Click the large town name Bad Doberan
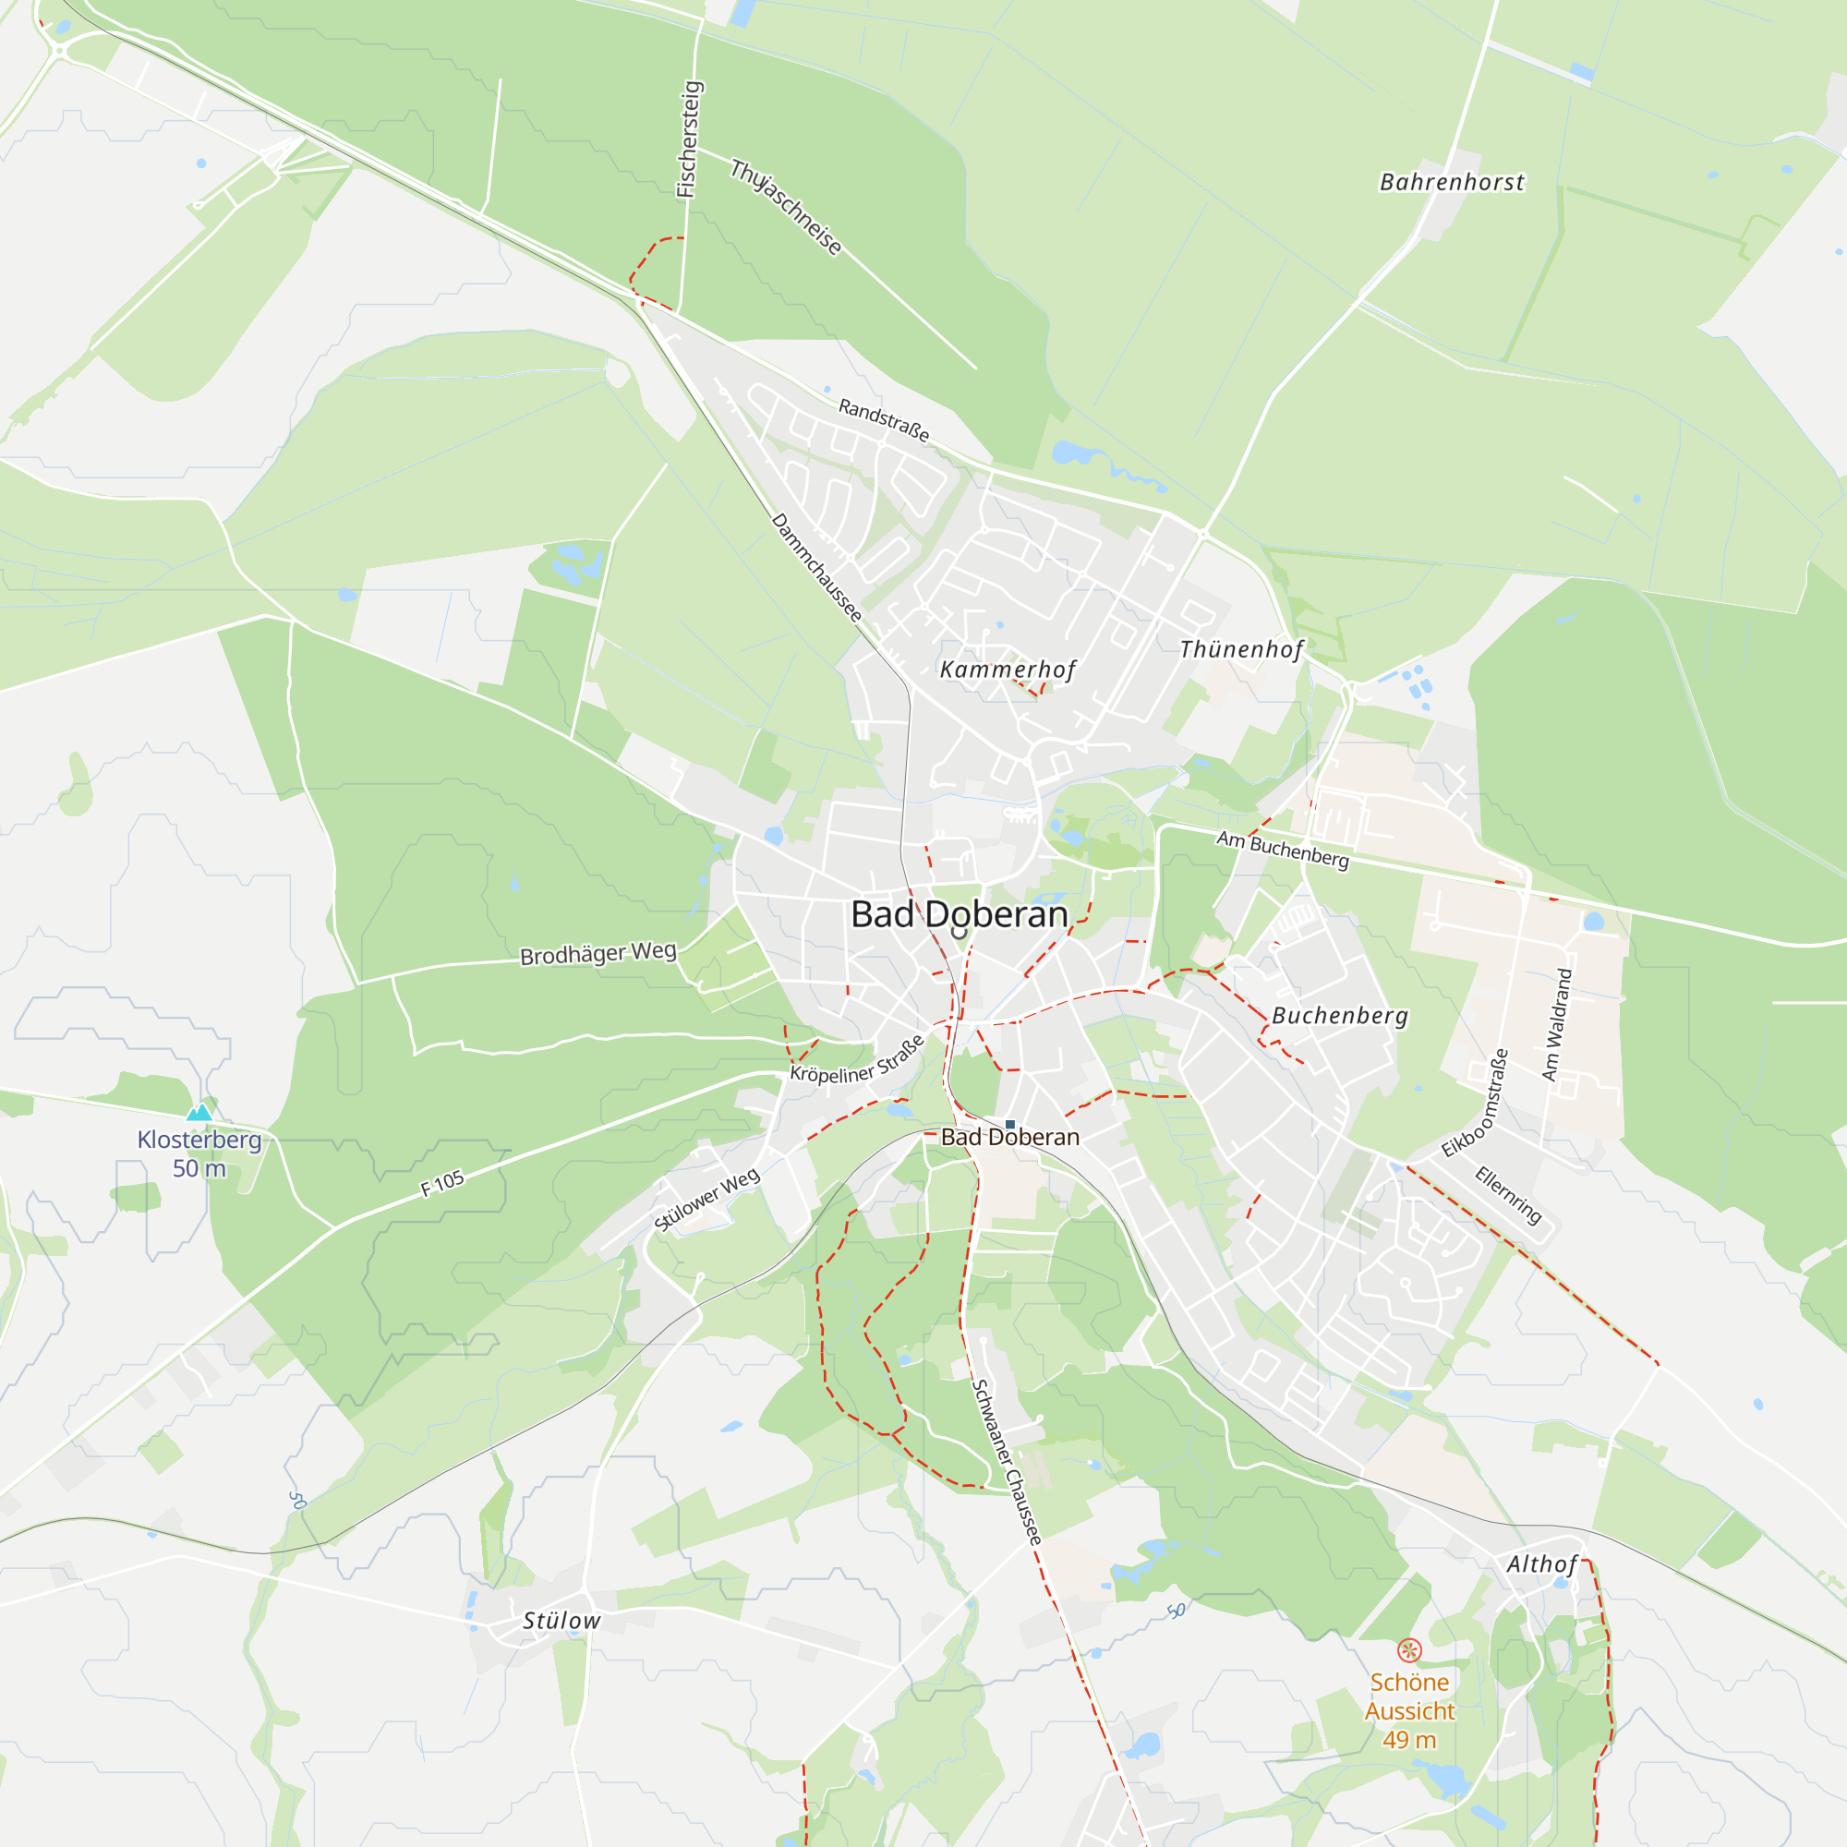click(x=959, y=915)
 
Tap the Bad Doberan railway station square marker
click(x=1009, y=1124)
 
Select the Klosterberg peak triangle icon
click(x=199, y=1112)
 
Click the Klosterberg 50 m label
click(x=199, y=1153)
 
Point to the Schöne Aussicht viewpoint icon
click(x=1409, y=1650)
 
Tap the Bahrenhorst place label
click(x=1451, y=182)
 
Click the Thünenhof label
click(x=1241, y=650)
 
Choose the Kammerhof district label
click(x=1008, y=670)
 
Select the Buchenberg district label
click(x=1339, y=1015)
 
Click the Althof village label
click(x=1541, y=1564)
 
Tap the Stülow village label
click(x=561, y=1621)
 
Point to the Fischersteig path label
click(x=688, y=139)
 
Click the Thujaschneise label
click(x=786, y=208)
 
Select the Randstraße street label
click(x=884, y=419)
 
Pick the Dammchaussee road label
click(x=816, y=567)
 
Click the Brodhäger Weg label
click(x=598, y=953)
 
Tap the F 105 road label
click(x=442, y=1184)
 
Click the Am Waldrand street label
click(x=1556, y=1024)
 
